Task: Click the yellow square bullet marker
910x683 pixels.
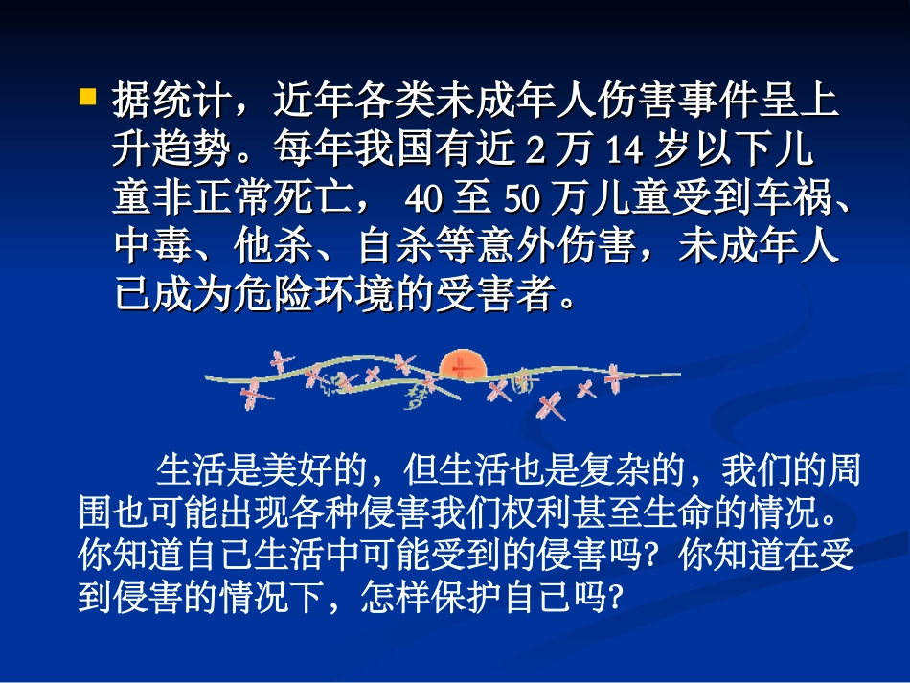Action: coord(87,96)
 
